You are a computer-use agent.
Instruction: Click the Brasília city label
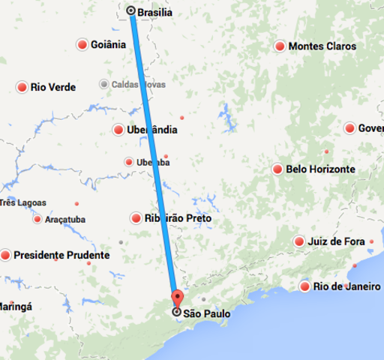[x=155, y=12]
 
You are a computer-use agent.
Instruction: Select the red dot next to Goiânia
[x=82, y=45]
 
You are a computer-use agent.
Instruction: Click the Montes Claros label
[x=322, y=46]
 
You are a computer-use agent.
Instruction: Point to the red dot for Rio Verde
[x=22, y=88]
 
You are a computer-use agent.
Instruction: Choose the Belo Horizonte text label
[x=320, y=169]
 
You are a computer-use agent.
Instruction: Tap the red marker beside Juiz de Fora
[x=299, y=241]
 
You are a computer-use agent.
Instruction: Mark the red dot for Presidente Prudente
[x=6, y=255]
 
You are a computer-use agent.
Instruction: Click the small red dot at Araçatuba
[x=37, y=219]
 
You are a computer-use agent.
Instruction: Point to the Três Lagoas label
[x=23, y=202]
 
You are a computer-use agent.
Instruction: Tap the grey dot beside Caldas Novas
[x=103, y=84]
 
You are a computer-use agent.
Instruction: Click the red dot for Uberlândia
[x=118, y=130]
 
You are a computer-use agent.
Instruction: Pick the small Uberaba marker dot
[x=129, y=161]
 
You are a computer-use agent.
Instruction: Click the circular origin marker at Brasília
[x=131, y=11]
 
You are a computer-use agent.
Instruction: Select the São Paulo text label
[x=206, y=313]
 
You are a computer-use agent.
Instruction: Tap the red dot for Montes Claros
[x=280, y=46]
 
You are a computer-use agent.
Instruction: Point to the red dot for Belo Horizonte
[x=277, y=169]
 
